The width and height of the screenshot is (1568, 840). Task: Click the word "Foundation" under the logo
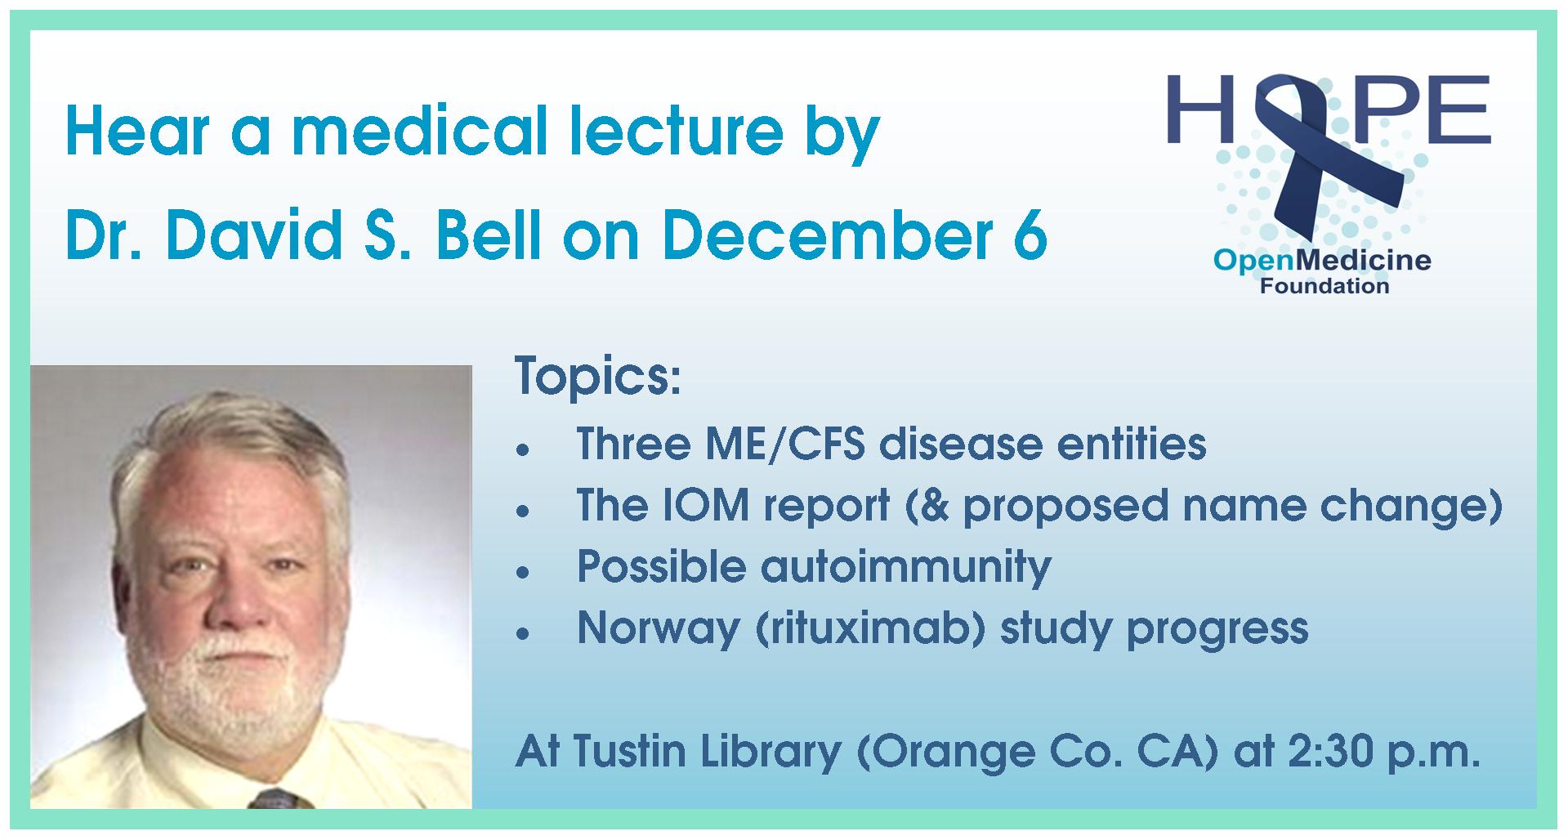tap(1324, 287)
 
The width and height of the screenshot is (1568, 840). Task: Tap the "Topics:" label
tap(597, 379)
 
